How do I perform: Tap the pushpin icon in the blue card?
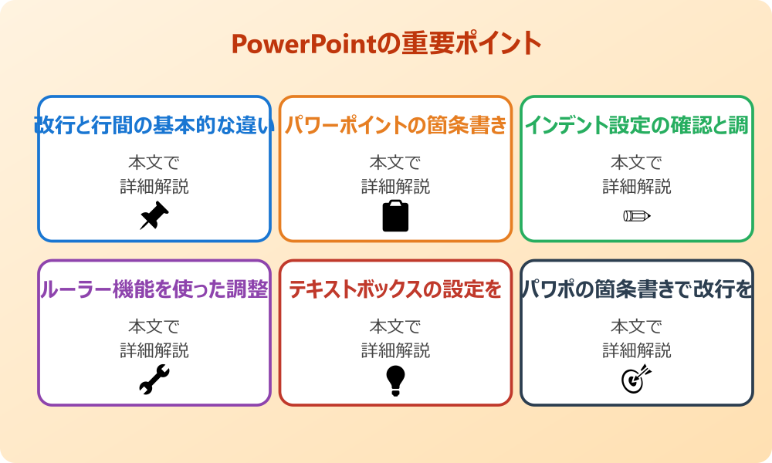[154, 216]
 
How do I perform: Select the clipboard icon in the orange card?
[395, 216]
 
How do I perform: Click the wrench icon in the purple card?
[154, 380]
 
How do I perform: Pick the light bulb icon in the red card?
[395, 380]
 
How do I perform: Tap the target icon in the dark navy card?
[637, 380]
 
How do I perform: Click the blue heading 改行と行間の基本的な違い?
[154, 125]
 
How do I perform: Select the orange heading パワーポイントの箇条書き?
[395, 125]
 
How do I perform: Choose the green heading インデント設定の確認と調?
[637, 125]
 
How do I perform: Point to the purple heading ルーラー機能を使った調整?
[154, 289]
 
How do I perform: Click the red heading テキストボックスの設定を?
[395, 289]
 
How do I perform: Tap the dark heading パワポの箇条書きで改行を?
[637, 289]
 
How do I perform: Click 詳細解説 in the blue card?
[154, 187]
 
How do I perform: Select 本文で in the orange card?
[395, 163]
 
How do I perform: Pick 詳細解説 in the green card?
[637, 187]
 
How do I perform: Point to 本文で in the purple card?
[154, 326]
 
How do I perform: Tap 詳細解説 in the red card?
[395, 350]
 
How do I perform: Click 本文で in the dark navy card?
[637, 326]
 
